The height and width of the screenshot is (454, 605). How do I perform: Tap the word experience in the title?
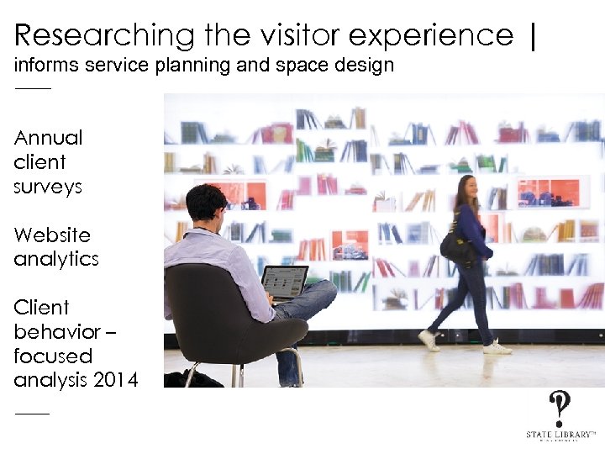tap(430, 35)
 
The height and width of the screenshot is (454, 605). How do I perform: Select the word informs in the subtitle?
tap(48, 66)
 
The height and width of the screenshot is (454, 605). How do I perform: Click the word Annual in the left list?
tap(49, 137)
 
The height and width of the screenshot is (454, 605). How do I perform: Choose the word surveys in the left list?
tap(48, 186)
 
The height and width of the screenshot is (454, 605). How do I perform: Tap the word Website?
tap(52, 235)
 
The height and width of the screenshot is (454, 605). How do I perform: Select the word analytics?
tap(56, 259)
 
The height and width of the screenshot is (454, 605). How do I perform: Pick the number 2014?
tap(118, 380)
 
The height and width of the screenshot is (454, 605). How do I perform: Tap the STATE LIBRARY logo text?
tap(560, 434)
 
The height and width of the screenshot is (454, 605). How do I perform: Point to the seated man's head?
tap(206, 203)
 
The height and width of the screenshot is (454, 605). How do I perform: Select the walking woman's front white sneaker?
tap(497, 346)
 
